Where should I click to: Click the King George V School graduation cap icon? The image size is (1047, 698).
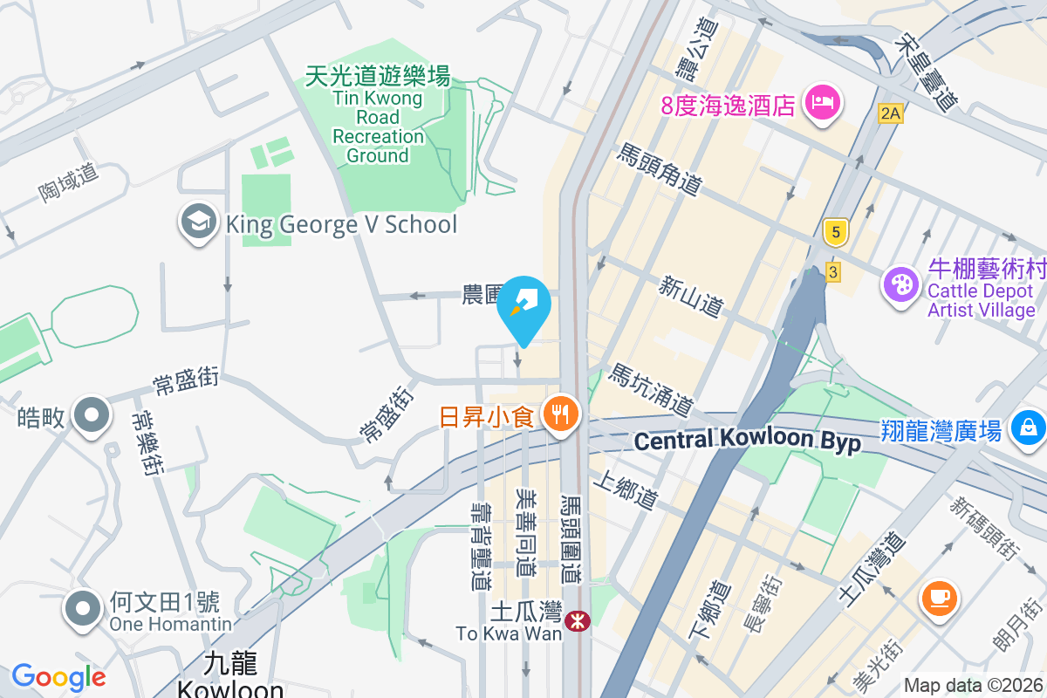point(199,223)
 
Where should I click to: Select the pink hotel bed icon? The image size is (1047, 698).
point(823,103)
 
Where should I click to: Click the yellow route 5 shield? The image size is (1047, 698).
point(836,232)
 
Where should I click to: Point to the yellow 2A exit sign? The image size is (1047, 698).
point(889,113)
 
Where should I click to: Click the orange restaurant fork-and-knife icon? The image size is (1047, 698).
point(558,414)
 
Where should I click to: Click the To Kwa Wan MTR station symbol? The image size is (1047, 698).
point(577,621)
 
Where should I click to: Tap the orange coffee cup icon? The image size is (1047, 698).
point(939,598)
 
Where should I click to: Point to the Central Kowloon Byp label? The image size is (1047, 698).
point(747,441)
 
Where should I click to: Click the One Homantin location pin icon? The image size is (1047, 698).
point(84,609)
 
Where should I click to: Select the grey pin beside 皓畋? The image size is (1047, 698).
point(91,416)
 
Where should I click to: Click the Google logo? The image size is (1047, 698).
point(58,677)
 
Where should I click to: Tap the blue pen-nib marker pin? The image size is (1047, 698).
point(523,305)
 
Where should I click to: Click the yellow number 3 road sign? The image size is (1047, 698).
point(833,272)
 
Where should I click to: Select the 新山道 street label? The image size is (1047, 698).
point(691,296)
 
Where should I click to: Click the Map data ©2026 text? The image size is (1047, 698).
point(973,686)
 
